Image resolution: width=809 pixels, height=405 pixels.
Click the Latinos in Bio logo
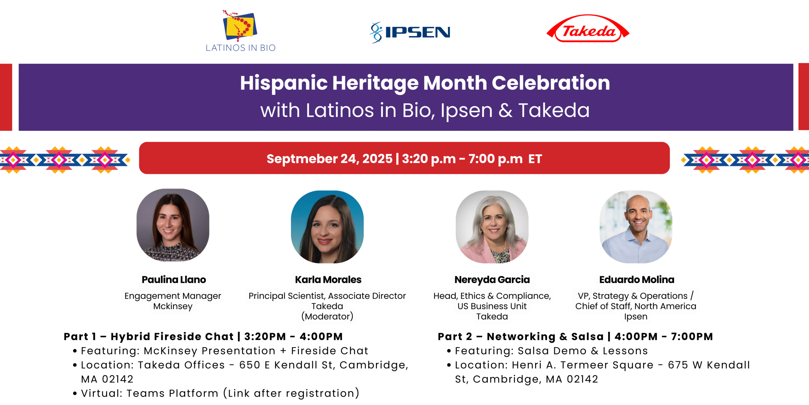click(240, 31)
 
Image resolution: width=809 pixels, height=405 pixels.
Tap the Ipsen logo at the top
click(410, 32)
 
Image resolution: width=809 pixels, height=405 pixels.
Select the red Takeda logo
click(588, 29)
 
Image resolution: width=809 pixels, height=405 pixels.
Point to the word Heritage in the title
click(375, 83)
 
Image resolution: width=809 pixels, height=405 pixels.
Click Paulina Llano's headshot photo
click(173, 225)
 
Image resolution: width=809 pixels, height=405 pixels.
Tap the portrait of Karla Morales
click(327, 227)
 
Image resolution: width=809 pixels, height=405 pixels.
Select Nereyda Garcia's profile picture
click(492, 227)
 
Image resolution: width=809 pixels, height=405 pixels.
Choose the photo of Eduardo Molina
click(636, 227)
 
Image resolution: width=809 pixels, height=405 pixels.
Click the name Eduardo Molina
click(637, 280)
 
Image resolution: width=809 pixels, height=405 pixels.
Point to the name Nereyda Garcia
click(492, 280)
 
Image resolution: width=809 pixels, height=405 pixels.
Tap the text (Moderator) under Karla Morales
click(327, 316)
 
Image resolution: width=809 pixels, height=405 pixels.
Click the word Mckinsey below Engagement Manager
click(173, 306)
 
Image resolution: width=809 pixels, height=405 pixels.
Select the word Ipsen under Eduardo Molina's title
click(636, 317)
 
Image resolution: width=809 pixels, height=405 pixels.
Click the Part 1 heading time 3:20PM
click(265, 336)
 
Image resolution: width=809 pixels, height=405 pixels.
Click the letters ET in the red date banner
click(535, 159)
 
